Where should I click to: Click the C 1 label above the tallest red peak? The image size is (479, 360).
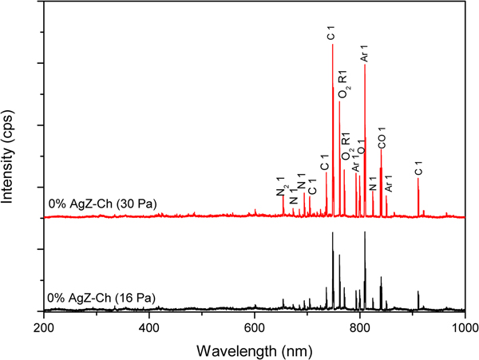click(x=332, y=34)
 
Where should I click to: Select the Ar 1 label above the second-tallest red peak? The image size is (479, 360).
click(x=365, y=53)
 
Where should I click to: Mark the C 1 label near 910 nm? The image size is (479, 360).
click(x=418, y=168)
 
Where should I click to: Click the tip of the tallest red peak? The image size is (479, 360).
click(x=333, y=45)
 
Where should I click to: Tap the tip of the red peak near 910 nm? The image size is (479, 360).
click(x=418, y=179)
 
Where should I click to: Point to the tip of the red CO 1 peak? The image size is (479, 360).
click(x=381, y=150)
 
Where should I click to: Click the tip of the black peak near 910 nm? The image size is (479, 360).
click(x=418, y=292)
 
